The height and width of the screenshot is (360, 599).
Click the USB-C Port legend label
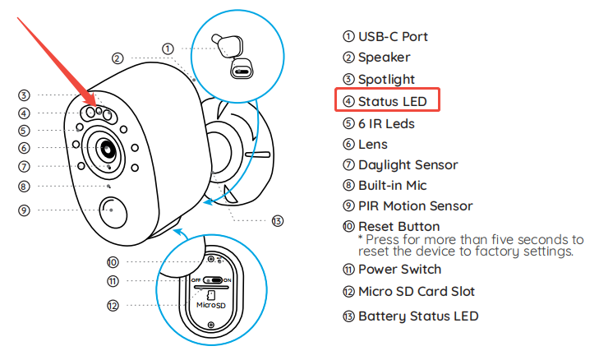coord(392,36)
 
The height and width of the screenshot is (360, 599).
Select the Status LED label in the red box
coord(392,101)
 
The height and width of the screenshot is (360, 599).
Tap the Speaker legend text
coord(384,58)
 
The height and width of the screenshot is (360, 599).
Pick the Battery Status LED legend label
coord(417,316)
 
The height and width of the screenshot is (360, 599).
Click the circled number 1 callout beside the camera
coord(168,48)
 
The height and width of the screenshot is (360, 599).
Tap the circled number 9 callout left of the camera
coord(25,210)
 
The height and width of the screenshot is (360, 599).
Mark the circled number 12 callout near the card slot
coord(114,305)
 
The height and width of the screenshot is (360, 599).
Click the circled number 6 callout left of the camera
coord(25,148)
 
